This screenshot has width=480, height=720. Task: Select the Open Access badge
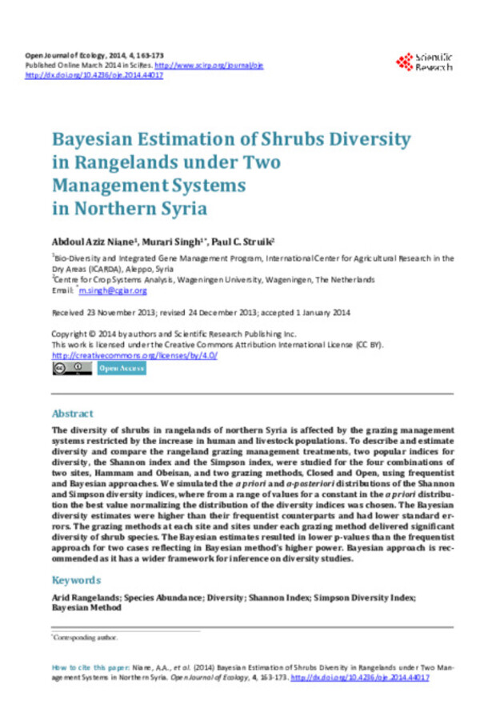pyautogui.click(x=122, y=368)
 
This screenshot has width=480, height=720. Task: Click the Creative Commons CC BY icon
pyautogui.click(x=72, y=368)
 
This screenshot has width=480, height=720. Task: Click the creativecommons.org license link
pyautogui.click(x=134, y=354)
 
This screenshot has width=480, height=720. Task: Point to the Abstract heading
pyautogui.click(x=73, y=414)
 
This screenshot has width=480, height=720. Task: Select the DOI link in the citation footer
pyautogui.click(x=360, y=677)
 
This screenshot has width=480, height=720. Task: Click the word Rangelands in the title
pyautogui.click(x=125, y=162)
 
